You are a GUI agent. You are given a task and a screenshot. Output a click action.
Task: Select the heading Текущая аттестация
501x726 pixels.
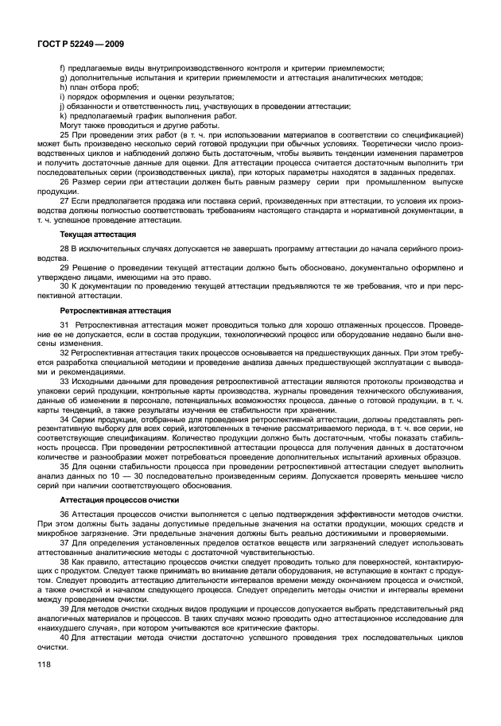96,235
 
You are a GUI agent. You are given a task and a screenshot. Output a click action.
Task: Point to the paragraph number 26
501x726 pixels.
64,182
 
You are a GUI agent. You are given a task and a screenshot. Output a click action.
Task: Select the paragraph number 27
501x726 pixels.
64,203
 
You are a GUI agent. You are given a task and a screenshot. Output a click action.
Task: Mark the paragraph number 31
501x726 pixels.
64,325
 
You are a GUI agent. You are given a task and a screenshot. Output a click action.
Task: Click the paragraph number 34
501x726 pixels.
64,416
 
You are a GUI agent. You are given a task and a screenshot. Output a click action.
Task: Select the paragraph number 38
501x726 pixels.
64,561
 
